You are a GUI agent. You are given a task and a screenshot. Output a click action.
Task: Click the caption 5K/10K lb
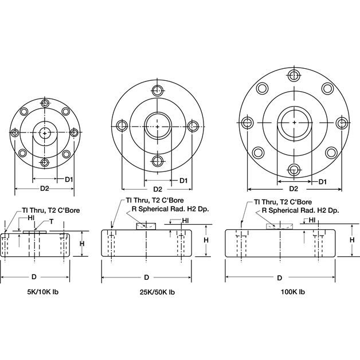(x=36, y=292)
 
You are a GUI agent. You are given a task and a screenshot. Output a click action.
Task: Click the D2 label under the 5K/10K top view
(x=44, y=187)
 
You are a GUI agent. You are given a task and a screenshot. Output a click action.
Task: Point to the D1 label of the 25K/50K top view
(x=184, y=181)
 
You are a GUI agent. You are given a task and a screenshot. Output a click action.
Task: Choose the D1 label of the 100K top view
(x=323, y=182)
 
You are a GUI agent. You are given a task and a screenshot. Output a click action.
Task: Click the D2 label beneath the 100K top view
(x=294, y=188)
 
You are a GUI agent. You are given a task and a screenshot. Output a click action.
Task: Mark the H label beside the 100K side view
(x=352, y=240)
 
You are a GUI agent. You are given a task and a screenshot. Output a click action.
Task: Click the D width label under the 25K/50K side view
(x=147, y=277)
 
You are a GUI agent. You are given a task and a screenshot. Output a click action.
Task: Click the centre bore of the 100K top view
(x=294, y=123)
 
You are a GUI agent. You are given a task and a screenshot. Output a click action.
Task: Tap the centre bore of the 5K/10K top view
(x=44, y=132)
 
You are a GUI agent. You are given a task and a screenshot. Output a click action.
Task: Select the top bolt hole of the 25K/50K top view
(x=157, y=91)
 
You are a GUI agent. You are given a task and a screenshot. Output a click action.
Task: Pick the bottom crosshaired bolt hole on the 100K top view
(x=294, y=170)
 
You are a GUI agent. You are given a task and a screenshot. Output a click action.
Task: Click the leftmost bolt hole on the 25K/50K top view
(x=122, y=126)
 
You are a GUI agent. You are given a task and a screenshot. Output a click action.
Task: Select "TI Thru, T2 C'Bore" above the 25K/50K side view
(x=154, y=201)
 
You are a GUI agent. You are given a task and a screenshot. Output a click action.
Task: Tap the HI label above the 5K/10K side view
(x=30, y=218)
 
